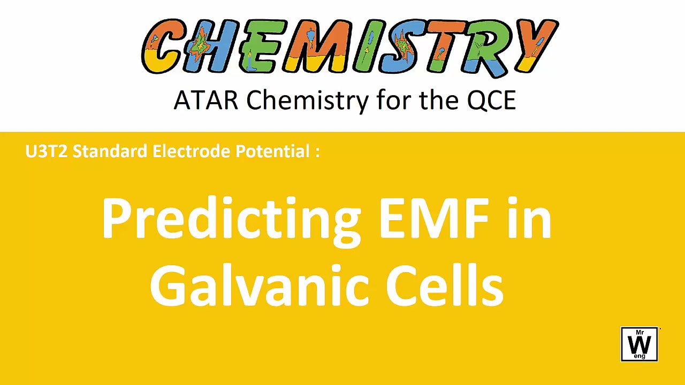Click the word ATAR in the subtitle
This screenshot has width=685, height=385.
click(x=205, y=100)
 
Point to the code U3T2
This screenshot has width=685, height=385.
click(x=46, y=151)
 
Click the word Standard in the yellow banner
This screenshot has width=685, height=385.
click(x=110, y=151)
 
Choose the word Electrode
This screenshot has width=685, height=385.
click(x=191, y=151)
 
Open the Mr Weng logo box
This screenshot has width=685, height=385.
click(x=640, y=344)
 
